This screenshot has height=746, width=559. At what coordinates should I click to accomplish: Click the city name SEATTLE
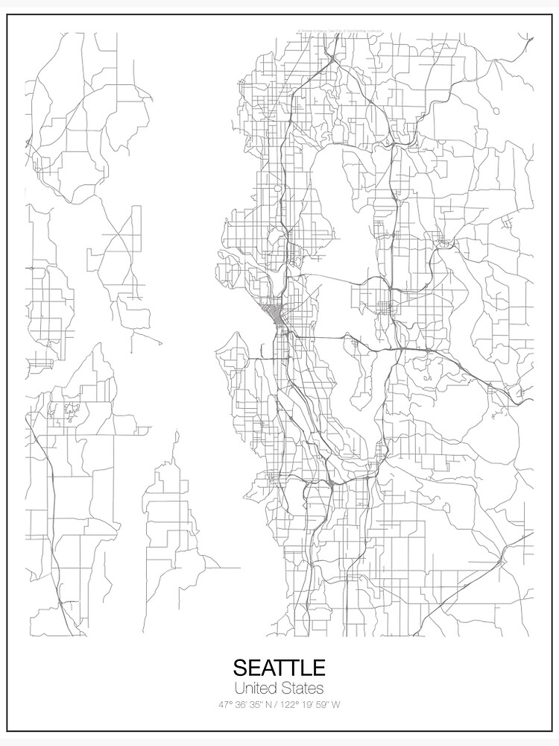pyautogui.click(x=279, y=667)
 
